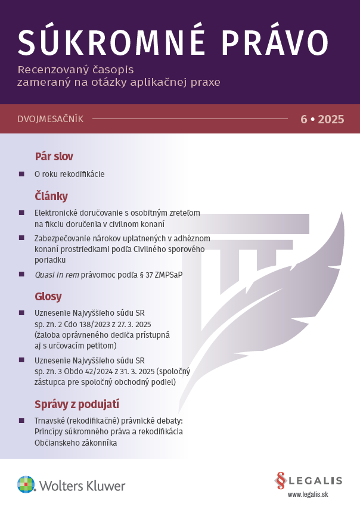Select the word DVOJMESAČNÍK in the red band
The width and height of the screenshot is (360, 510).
click(x=51, y=119)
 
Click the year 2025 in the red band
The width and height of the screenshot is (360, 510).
click(x=331, y=119)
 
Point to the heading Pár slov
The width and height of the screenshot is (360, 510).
click(x=54, y=157)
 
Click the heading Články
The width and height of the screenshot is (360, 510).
click(x=51, y=196)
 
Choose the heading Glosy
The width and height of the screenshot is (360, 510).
click(x=48, y=296)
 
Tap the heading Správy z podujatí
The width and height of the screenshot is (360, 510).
click(x=77, y=405)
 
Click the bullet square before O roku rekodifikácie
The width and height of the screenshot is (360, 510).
click(x=21, y=174)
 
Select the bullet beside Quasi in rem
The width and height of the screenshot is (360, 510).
click(x=21, y=274)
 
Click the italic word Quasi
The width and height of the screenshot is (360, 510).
click(x=46, y=274)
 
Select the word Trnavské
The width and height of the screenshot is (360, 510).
click(x=52, y=421)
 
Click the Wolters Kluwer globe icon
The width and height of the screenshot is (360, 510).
click(x=26, y=484)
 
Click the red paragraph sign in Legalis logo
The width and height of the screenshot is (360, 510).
click(x=281, y=480)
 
